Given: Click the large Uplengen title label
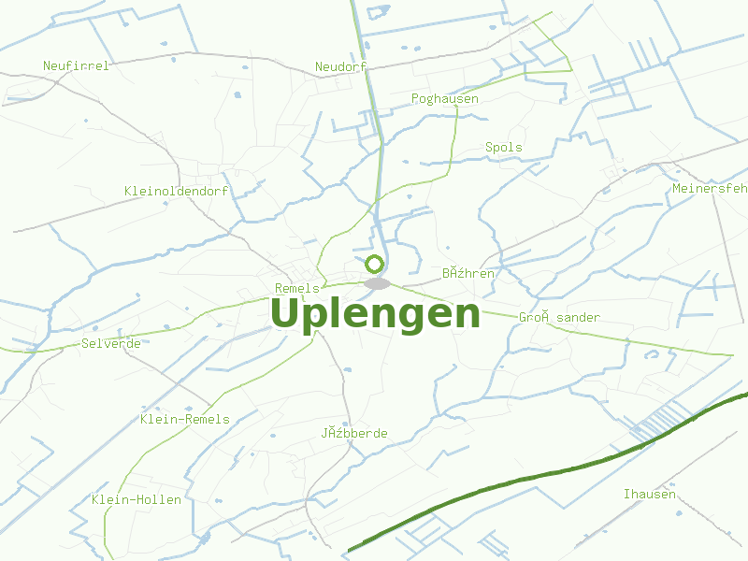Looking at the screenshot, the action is (375, 314).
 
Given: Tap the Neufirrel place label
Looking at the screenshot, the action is (77, 65).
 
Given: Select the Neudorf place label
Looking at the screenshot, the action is (340, 66).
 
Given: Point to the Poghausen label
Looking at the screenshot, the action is (445, 98).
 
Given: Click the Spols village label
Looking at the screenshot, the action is (504, 147).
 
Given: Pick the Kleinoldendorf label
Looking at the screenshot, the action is (177, 191).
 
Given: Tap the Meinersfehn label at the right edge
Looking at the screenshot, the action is (710, 188).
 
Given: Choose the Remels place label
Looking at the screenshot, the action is (297, 288).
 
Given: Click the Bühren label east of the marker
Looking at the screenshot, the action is (468, 273).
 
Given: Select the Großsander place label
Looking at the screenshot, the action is (559, 317).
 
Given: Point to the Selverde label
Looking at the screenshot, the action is (111, 343).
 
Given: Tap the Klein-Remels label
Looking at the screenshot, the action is (185, 419).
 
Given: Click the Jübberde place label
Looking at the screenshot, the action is (354, 433).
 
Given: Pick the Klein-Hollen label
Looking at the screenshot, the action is (137, 499).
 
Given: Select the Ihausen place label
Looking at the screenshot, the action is (650, 493).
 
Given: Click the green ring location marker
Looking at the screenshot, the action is (375, 264).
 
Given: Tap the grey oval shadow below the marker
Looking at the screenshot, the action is (377, 283).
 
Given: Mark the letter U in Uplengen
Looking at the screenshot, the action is (286, 314).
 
